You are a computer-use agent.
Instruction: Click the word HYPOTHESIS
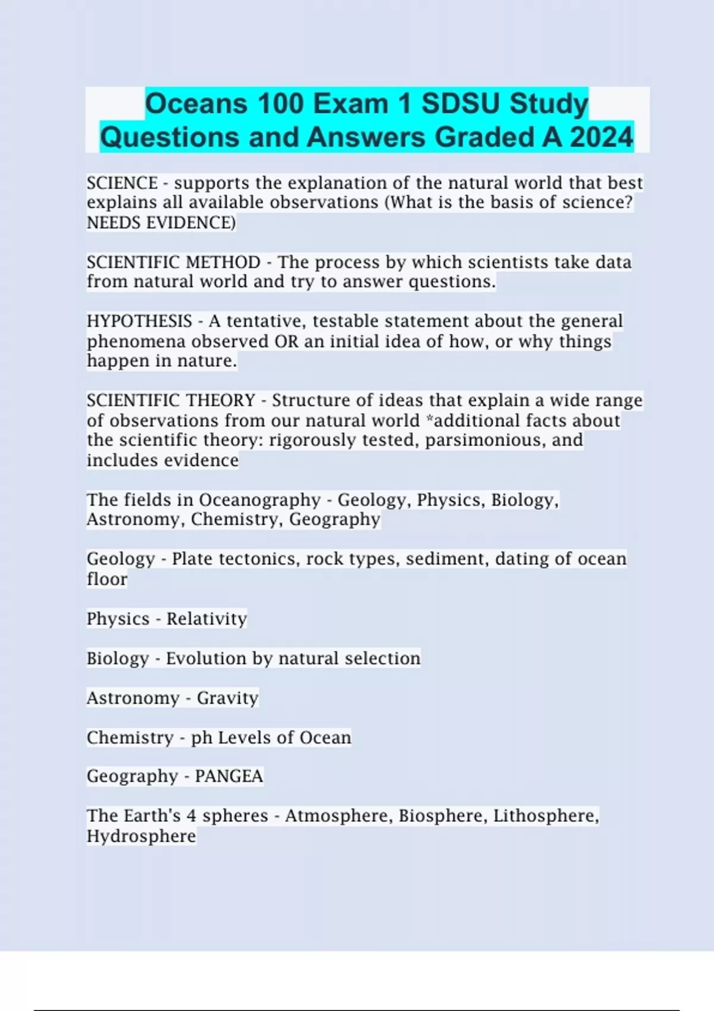(x=139, y=321)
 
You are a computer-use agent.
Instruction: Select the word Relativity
(x=206, y=618)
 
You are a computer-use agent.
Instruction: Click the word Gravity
(x=227, y=698)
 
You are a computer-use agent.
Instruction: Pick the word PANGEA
(x=229, y=776)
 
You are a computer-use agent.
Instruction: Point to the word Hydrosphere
(x=141, y=836)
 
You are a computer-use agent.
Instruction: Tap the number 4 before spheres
(x=191, y=815)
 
